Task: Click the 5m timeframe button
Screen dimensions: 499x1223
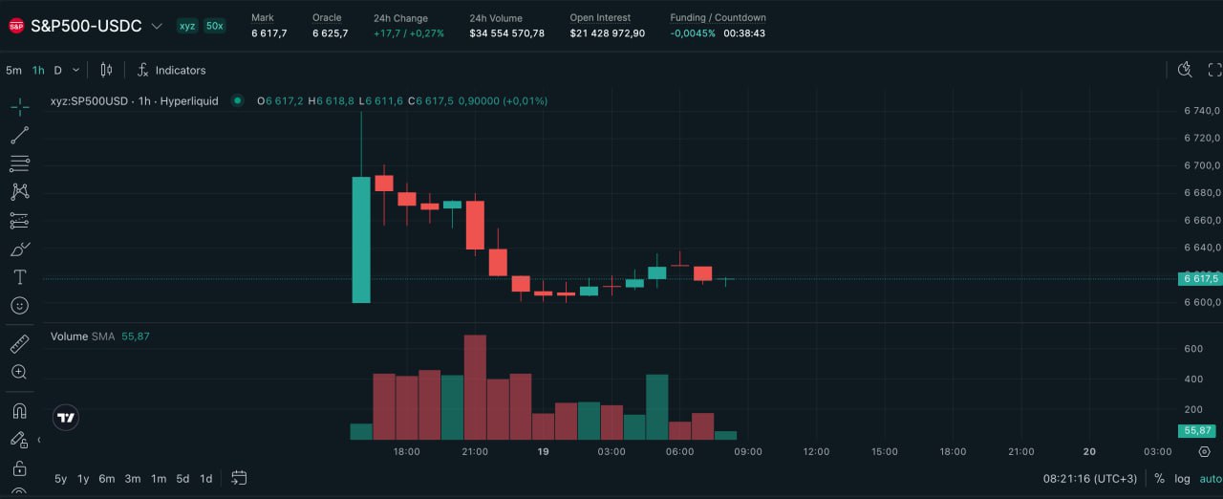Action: click(x=13, y=70)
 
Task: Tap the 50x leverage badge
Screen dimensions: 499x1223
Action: click(x=214, y=26)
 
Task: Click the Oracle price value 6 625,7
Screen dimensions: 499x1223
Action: click(x=330, y=33)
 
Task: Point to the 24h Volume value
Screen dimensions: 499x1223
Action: click(x=506, y=33)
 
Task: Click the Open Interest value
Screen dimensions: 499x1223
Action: click(x=607, y=33)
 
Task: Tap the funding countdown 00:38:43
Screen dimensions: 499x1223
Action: click(x=744, y=33)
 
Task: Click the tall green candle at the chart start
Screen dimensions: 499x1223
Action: click(x=361, y=239)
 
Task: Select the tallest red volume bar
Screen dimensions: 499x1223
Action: click(x=475, y=387)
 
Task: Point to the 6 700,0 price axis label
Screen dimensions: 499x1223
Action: click(x=1201, y=165)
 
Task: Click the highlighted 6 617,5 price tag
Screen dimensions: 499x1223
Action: click(x=1200, y=278)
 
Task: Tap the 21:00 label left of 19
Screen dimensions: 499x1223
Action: click(x=475, y=451)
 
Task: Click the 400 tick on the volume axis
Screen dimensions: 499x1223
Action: click(x=1193, y=380)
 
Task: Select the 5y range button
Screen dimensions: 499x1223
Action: click(x=60, y=478)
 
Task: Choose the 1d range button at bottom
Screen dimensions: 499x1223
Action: click(x=205, y=478)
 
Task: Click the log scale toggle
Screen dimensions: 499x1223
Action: click(x=1182, y=478)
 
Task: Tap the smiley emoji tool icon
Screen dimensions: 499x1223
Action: click(x=19, y=306)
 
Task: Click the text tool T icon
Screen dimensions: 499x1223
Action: click(x=19, y=277)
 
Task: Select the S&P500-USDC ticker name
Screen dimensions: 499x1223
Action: click(x=86, y=26)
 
